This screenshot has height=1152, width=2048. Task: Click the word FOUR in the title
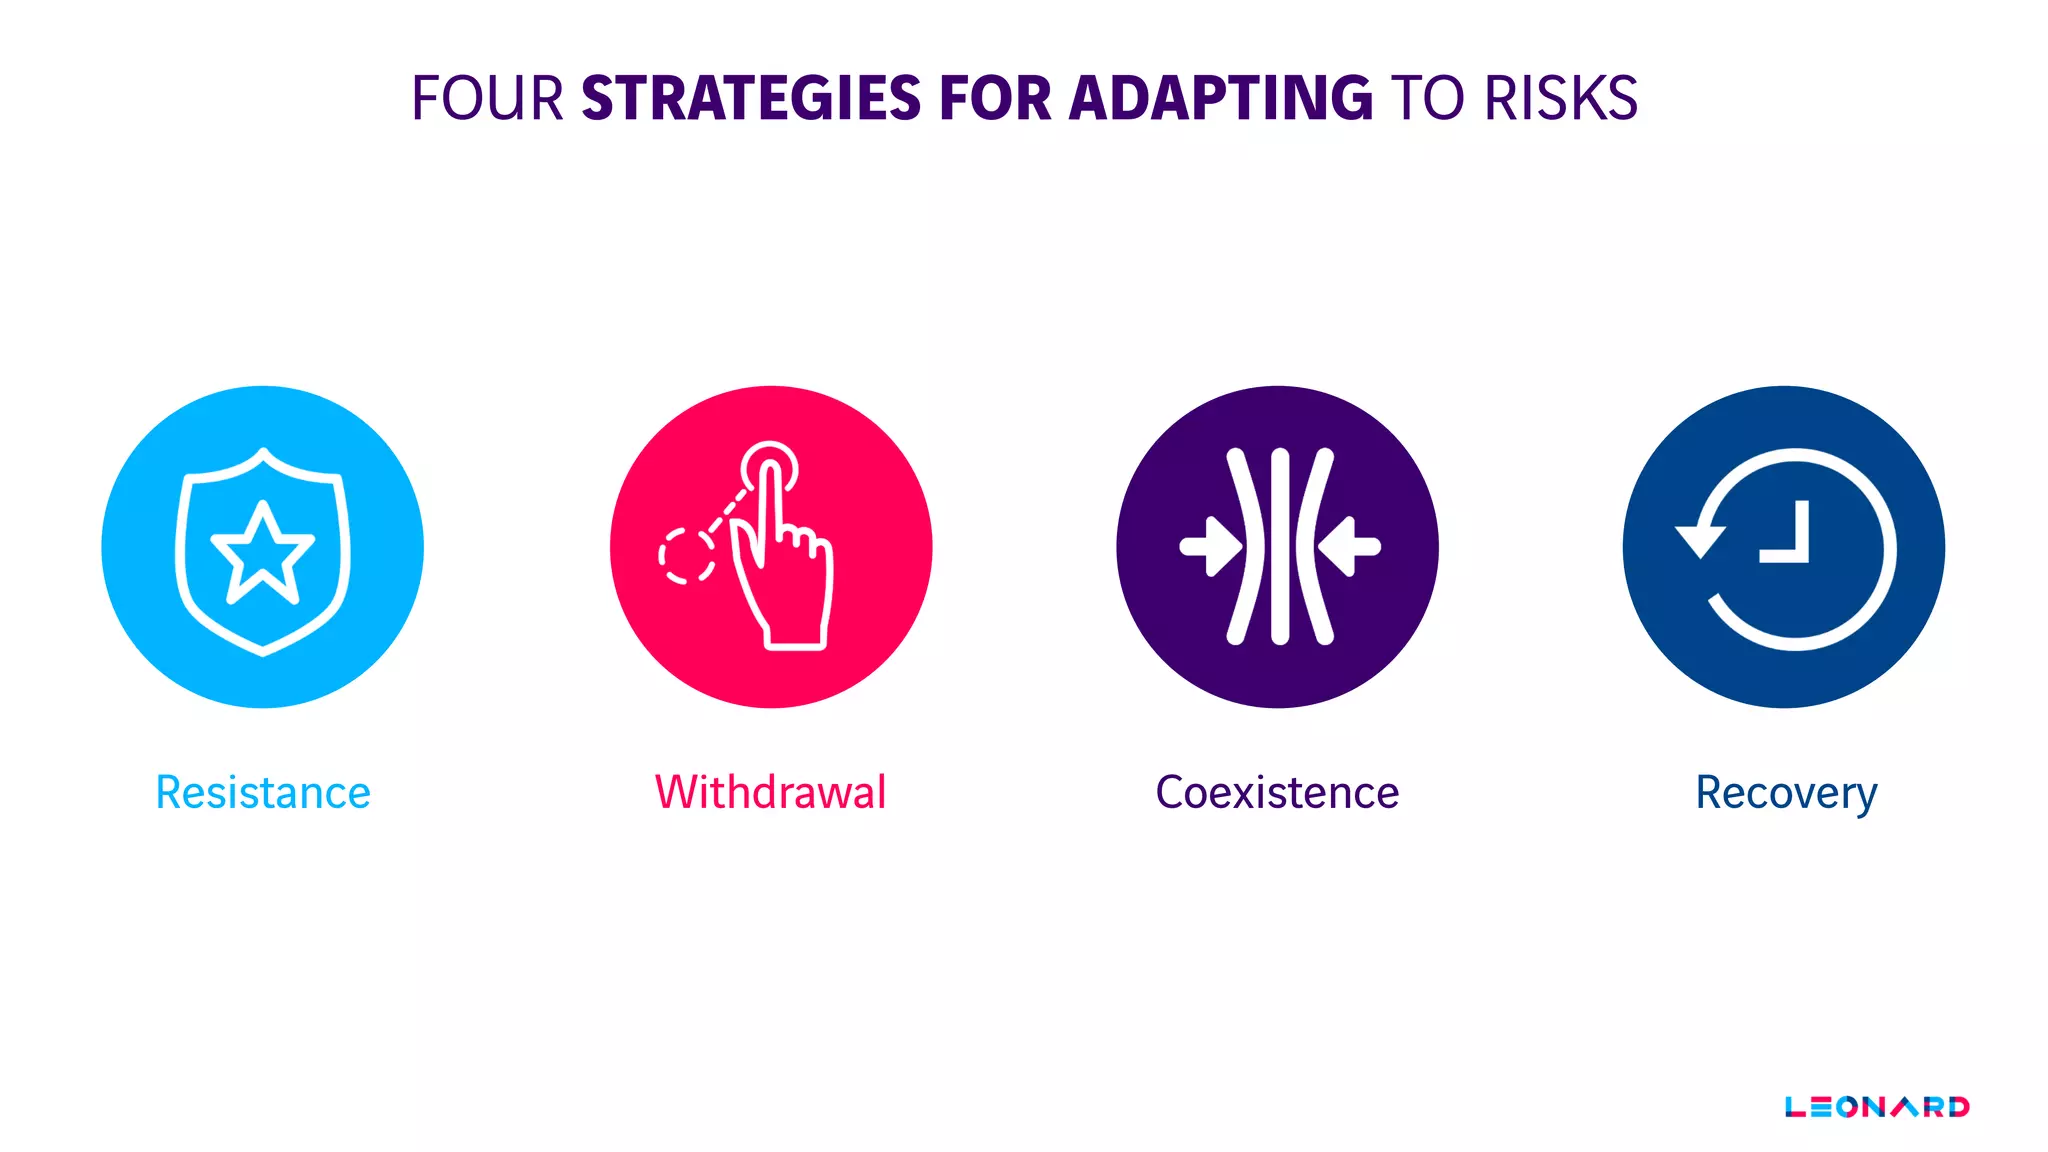[x=487, y=98]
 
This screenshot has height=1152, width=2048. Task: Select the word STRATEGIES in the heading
[x=751, y=98]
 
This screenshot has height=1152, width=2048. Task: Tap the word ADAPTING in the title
[x=1221, y=98]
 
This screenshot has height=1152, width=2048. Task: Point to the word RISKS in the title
[x=1560, y=98]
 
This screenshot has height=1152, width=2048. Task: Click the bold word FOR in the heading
[x=995, y=98]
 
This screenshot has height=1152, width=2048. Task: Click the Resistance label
[x=263, y=793]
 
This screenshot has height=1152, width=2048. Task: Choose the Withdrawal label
[x=770, y=793]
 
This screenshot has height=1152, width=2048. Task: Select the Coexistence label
[x=1277, y=793]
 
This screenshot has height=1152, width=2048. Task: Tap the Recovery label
[x=1786, y=793]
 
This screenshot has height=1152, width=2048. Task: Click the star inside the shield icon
[x=263, y=553]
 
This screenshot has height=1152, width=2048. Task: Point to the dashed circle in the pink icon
[x=686, y=556]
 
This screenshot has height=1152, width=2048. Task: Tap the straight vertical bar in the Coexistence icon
[x=1280, y=547]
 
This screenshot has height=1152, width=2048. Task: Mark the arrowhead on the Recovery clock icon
[x=1700, y=540]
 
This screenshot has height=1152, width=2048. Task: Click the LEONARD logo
[x=1877, y=1107]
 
